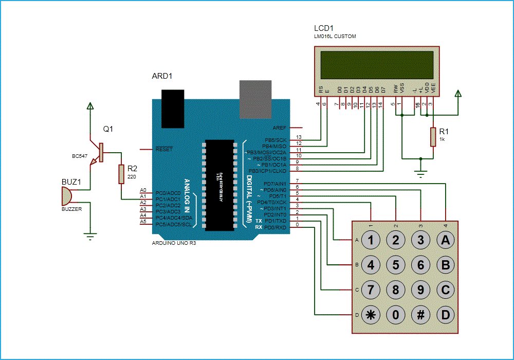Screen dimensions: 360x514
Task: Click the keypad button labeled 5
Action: (x=396, y=265)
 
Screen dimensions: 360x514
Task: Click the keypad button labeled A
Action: (x=446, y=240)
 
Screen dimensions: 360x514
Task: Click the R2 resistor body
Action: (x=121, y=173)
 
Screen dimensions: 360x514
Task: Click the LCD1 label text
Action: (x=324, y=28)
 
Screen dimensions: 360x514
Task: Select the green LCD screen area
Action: (x=377, y=64)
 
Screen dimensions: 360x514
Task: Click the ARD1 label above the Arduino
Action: (x=162, y=76)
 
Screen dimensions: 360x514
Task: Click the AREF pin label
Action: (x=279, y=128)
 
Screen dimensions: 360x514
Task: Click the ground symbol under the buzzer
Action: (x=91, y=236)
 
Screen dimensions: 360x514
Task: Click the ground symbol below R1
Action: (x=421, y=174)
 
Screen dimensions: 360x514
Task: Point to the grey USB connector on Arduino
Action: (x=256, y=99)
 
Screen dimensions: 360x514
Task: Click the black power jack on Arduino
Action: (x=173, y=108)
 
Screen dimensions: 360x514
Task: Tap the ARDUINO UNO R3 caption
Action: (x=174, y=243)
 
